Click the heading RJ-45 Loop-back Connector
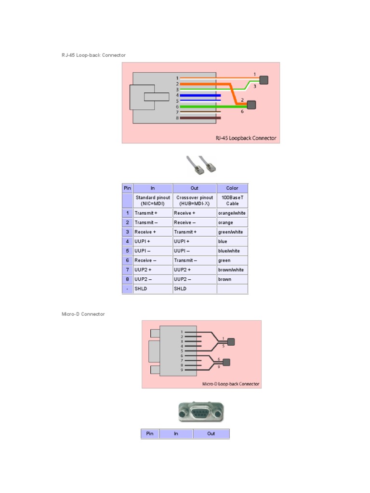pyautogui.click(x=93, y=55)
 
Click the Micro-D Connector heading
pyautogui.click(x=83, y=314)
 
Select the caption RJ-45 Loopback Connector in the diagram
pyautogui.click(x=246, y=138)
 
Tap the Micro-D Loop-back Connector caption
pyautogui.click(x=231, y=384)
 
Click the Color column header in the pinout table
pyautogui.click(x=232, y=188)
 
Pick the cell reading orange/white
pyautogui.click(x=232, y=213)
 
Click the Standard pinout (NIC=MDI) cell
pyautogui.click(x=153, y=200)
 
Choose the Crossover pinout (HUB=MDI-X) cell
pyautogui.click(x=194, y=200)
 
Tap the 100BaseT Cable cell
pyautogui.click(x=232, y=200)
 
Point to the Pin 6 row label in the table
pyautogui.click(x=128, y=260)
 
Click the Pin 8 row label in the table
pyautogui.click(x=128, y=279)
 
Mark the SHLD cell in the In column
pyautogui.click(x=152, y=289)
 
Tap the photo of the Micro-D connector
pyautogui.click(x=201, y=413)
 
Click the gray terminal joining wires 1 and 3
pyautogui.click(x=264, y=80)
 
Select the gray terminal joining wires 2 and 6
pyautogui.click(x=251, y=104)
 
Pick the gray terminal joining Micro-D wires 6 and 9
pyautogui.click(x=227, y=362)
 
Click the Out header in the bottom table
pyautogui.click(x=211, y=434)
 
